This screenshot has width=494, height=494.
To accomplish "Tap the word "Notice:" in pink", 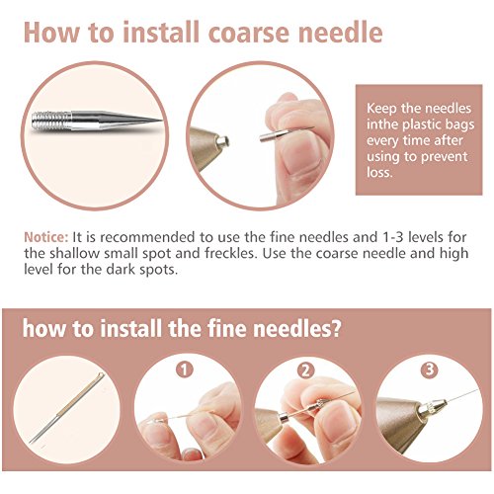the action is pyautogui.click(x=45, y=237).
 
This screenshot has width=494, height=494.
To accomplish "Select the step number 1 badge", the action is pyautogui.click(x=184, y=370).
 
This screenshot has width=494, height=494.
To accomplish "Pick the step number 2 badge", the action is pyautogui.click(x=305, y=370).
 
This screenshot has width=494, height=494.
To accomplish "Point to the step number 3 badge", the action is pyautogui.click(x=430, y=370).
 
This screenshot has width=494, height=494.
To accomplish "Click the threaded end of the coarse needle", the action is pyautogui.click(x=51, y=121).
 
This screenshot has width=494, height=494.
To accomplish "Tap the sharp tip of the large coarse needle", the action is pyautogui.click(x=161, y=121).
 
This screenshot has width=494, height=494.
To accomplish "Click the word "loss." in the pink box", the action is pyautogui.click(x=380, y=173).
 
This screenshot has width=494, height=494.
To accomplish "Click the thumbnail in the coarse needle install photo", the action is pyautogui.click(x=297, y=154).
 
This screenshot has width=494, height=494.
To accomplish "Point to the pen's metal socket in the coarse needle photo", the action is pyautogui.click(x=222, y=142).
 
